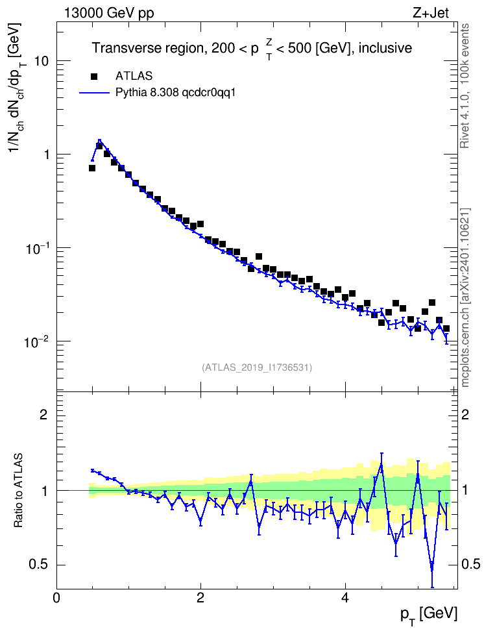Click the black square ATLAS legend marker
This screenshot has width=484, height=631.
coord(94,76)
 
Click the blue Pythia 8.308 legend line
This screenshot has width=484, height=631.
coord(95,93)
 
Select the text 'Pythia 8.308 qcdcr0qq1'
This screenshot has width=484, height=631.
coord(175,93)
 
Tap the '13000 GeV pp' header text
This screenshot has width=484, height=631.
coord(108,13)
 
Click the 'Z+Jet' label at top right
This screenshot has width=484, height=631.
coord(431,13)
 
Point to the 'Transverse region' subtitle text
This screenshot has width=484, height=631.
coord(146,48)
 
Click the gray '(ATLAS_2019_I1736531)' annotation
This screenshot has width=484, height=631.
coord(257,367)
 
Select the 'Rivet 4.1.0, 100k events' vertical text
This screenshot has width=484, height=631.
coord(465,86)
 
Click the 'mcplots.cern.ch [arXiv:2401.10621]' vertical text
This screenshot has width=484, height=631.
coord(465,298)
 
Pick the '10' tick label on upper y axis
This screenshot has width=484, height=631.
coord(41,61)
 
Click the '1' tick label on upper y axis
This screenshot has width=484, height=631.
coord(45,155)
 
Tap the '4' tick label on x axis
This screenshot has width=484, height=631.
coord(345,598)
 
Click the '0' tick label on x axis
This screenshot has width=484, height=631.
coord(56,598)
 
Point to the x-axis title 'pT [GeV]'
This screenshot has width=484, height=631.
coord(429,615)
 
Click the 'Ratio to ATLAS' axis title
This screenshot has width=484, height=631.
coord(18,491)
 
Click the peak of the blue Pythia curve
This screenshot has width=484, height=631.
coord(99,140)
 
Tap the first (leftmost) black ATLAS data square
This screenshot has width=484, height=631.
coord(92,167)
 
